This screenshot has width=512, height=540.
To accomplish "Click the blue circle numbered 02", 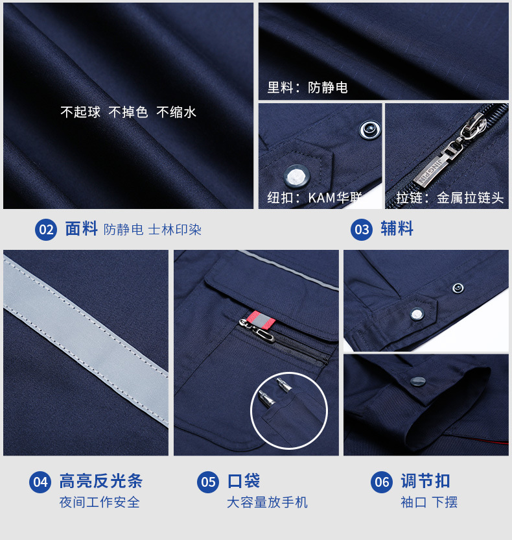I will (x=46, y=230).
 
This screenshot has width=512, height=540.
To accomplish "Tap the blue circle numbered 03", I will (x=362, y=230).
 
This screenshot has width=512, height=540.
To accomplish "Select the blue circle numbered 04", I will (x=40, y=482).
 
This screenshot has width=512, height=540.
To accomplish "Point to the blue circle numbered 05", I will (x=208, y=482).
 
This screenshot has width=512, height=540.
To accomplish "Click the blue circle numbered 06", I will (x=382, y=482).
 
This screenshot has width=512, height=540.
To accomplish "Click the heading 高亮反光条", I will (x=100, y=481).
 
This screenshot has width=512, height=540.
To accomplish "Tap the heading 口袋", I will (x=244, y=481).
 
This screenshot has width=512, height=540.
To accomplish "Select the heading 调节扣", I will (x=425, y=481).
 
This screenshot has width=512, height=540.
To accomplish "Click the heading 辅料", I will (x=397, y=229).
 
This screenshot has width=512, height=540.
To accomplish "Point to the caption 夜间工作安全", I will (x=99, y=502).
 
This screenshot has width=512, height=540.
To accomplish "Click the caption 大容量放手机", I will (x=267, y=502).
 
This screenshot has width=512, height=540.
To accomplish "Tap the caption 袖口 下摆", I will (x=429, y=502).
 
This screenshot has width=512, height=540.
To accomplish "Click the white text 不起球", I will (x=80, y=112).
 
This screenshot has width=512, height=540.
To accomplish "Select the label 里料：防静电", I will (x=308, y=88).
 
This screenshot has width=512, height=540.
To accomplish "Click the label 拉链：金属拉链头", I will (x=450, y=198).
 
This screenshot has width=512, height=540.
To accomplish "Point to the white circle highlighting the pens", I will (x=289, y=410).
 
